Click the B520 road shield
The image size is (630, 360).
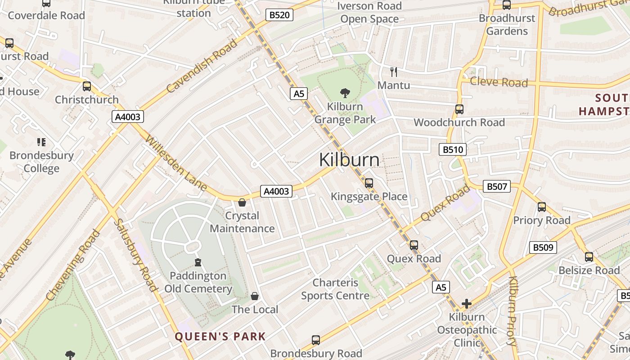click(x=279, y=15)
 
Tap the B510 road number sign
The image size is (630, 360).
click(x=452, y=149)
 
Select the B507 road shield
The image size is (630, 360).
click(x=497, y=186)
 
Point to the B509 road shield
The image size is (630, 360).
click(x=543, y=247)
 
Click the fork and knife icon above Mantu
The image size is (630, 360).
click(x=394, y=72)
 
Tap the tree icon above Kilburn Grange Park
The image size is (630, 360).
click(x=345, y=94)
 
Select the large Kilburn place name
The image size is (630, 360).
click(x=349, y=160)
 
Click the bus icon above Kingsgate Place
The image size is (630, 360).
click(x=369, y=183)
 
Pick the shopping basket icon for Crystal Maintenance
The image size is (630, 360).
click(x=242, y=203)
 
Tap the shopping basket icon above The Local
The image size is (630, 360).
click(x=255, y=296)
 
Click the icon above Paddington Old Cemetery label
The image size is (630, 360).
click(x=198, y=262)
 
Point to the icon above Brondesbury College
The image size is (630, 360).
click(x=41, y=143)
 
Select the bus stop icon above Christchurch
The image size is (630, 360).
click(x=87, y=86)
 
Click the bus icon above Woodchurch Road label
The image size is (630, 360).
click(x=459, y=109)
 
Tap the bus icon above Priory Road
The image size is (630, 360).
click(x=542, y=207)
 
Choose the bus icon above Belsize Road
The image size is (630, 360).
click(x=589, y=257)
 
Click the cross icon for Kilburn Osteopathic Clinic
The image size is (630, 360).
click(x=467, y=304)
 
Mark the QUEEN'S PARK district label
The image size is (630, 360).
click(x=220, y=337)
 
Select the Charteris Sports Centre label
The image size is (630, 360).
click(x=335, y=289)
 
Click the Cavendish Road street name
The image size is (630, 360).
click(x=202, y=66)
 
